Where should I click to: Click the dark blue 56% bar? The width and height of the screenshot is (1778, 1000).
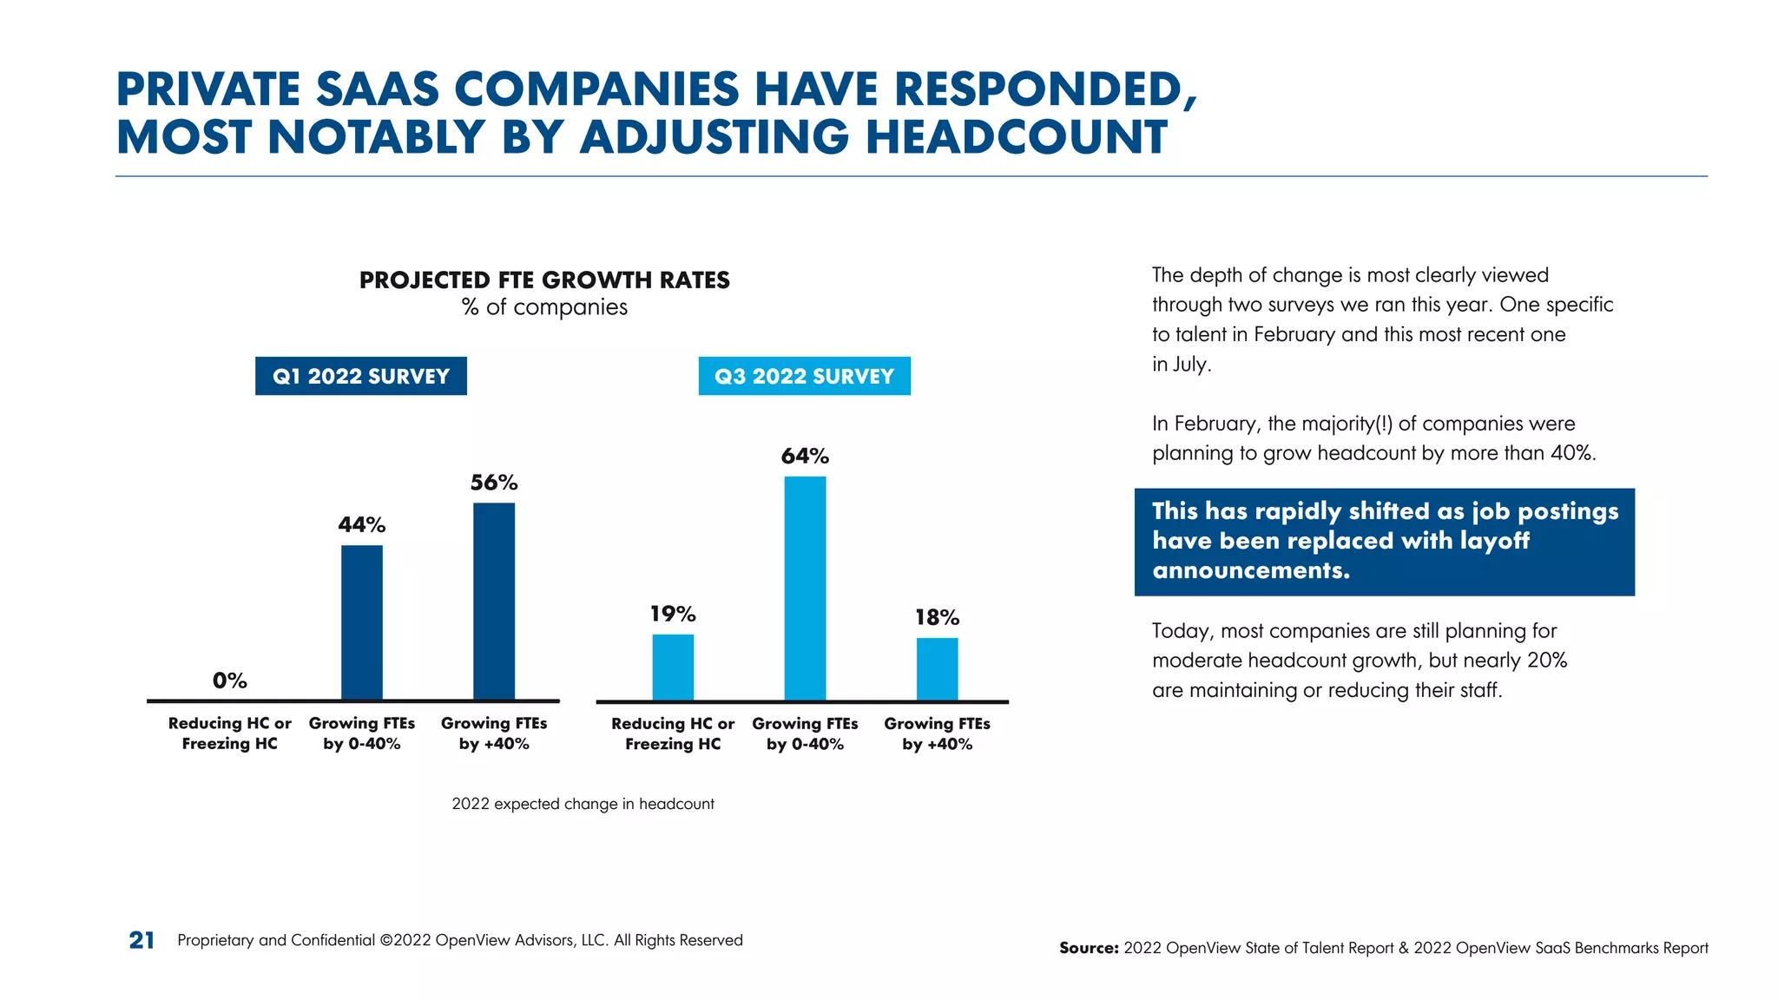pos(493,601)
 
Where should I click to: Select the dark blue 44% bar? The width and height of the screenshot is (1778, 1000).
pos(361,622)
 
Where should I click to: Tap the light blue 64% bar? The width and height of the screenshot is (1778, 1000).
pos(805,588)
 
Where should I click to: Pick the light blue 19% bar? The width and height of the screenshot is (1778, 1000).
pos(673,667)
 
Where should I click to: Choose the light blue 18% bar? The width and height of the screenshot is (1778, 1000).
pos(937,668)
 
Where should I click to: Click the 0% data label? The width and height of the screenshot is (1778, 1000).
pos(230,681)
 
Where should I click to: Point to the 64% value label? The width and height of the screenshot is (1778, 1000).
pos(805,456)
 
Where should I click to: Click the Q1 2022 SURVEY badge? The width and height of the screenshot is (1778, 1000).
pos(361,376)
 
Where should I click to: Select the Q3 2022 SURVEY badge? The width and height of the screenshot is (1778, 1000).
pos(804,376)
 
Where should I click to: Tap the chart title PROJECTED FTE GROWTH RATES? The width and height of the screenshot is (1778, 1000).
pos(544,280)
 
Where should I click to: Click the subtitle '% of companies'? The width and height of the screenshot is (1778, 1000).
pos(544,307)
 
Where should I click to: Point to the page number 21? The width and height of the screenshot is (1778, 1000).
pos(142,940)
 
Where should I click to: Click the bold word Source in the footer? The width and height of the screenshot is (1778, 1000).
pos(1088,948)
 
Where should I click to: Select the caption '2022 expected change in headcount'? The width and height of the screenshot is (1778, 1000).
pos(583,804)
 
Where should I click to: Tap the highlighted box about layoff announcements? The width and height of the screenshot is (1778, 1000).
pos(1384,542)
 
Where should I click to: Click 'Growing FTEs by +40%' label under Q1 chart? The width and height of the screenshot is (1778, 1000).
pos(494,733)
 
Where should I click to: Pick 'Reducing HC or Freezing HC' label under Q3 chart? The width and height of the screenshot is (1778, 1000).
pos(673,734)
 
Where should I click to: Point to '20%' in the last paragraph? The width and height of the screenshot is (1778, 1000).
pos(1546,661)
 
